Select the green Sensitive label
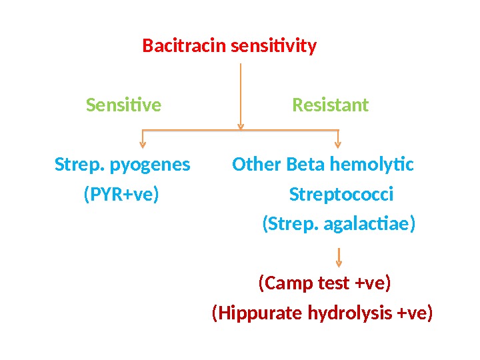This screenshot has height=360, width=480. point(124,105)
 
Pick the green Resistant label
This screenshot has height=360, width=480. point(331,105)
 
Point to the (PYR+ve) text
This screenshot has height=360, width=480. point(121,195)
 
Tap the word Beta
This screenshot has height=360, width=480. point(301,164)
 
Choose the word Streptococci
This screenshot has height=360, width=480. point(341,195)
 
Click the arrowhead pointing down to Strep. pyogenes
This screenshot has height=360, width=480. point(142,143)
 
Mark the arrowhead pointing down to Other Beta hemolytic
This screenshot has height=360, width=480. point(338,143)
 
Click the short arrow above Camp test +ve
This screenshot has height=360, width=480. point(339,257)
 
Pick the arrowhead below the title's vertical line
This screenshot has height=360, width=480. point(241,125)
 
